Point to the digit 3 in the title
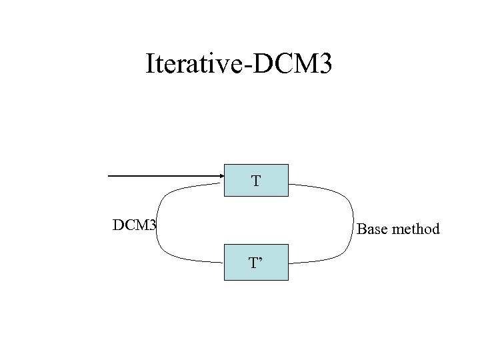323,64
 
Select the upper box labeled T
256,180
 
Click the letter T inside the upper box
255,181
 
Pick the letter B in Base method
362,229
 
